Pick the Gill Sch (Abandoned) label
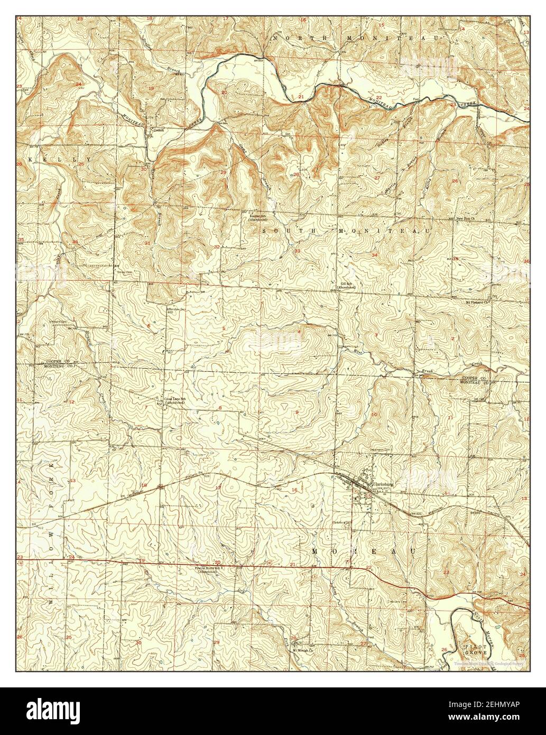[x=347, y=286]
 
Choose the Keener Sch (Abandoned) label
[x=259, y=217]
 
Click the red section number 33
[x=298, y=251]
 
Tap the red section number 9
[x=297, y=412]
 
